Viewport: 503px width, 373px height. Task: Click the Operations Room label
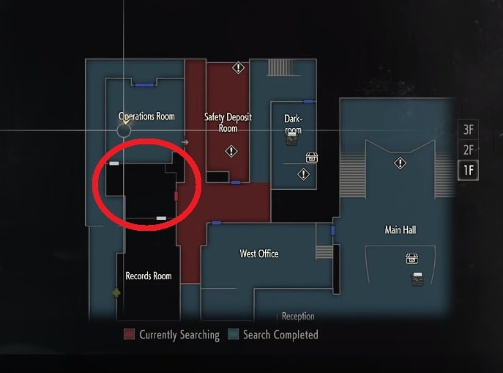146,117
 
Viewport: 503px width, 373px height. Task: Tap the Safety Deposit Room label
228,122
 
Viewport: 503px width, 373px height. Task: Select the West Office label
259,254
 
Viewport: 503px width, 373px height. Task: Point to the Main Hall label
400,230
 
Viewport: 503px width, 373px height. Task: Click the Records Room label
149,276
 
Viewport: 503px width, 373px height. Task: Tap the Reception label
298,316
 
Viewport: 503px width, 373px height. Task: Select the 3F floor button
469,130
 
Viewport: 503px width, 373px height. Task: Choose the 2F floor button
469,150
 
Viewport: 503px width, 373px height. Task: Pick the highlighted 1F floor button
469,170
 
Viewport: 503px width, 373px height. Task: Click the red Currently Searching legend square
129,334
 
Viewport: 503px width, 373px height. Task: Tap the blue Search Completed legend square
234,334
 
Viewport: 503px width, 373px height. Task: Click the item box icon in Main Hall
412,259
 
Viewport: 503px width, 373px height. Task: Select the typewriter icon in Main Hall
417,279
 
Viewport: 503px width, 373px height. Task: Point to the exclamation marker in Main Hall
400,163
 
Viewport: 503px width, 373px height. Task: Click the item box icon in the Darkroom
312,158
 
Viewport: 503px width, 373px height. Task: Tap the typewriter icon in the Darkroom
291,139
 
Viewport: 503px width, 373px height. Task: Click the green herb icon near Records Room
116,292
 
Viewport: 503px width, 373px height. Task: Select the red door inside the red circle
176,196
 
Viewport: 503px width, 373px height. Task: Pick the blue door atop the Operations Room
144,85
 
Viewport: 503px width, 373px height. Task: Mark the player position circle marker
124,130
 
